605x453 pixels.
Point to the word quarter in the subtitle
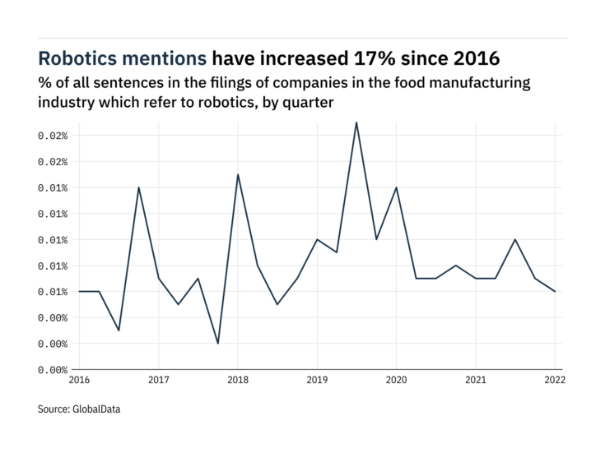point(306,102)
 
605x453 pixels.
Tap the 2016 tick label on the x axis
point(79,380)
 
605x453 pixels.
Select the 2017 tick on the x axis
point(159,380)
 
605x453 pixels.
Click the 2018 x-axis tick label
point(238,380)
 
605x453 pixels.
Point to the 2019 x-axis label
point(317,380)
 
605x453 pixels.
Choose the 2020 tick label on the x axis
point(396,380)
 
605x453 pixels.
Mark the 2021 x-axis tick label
point(475,380)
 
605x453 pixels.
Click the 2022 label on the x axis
point(554,380)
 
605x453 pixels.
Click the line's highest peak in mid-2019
point(356,122)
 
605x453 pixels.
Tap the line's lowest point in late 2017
point(218,343)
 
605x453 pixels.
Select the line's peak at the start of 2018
point(238,174)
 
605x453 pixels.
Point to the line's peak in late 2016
point(139,187)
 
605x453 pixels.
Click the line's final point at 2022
point(554,291)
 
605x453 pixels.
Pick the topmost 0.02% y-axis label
point(50,136)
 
